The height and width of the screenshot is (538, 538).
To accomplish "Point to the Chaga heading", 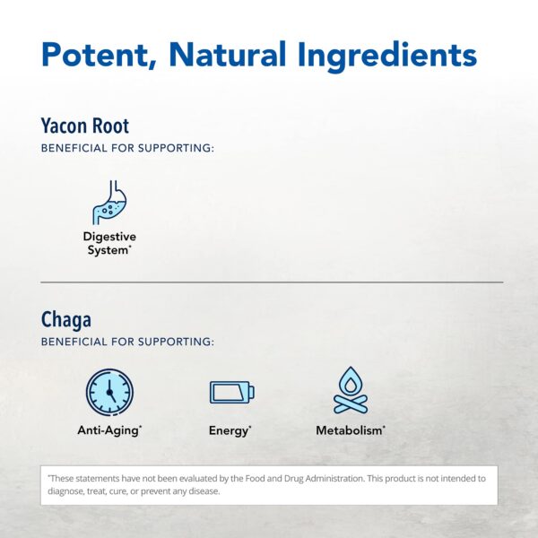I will click(x=66, y=319).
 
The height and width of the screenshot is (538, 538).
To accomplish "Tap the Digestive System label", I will click(x=109, y=243).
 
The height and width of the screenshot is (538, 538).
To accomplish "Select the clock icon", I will click(x=109, y=392).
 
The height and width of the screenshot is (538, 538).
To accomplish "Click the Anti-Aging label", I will click(x=109, y=430).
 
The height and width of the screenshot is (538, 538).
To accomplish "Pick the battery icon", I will click(x=231, y=392).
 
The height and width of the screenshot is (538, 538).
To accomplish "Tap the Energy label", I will click(x=230, y=430).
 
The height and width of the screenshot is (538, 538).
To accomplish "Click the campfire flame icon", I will click(x=351, y=391).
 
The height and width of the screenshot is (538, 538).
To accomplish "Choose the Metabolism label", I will click(x=351, y=430).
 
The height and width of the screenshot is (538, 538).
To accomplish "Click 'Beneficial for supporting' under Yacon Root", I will click(x=127, y=148).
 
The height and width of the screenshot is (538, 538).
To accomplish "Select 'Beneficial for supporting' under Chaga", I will click(x=127, y=342).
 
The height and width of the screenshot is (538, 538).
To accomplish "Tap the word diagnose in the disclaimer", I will click(x=67, y=491).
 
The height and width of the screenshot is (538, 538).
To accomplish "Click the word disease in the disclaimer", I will click(x=204, y=491).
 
